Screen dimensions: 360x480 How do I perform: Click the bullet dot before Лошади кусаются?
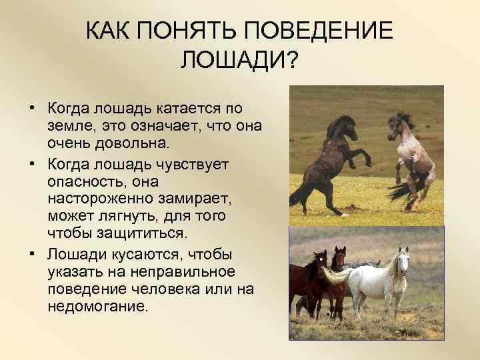coord(32,255)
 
